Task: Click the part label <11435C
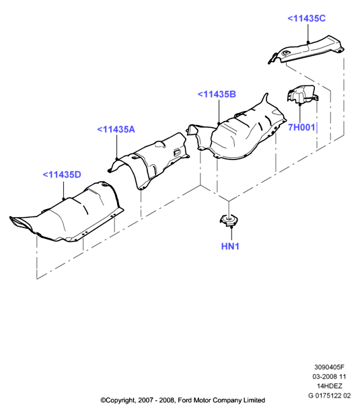click(x=306, y=18)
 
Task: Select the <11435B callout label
click(x=217, y=94)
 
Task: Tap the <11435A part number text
click(x=116, y=129)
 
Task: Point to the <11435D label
click(x=62, y=175)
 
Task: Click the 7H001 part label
click(x=301, y=127)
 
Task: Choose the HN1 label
click(x=230, y=246)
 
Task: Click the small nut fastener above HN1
click(x=228, y=220)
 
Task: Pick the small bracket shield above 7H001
click(x=303, y=93)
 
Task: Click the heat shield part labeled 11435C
click(x=306, y=50)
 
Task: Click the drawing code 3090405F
click(x=329, y=367)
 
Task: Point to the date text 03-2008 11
click(x=329, y=377)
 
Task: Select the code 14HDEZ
click(x=329, y=386)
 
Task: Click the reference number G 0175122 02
click(x=329, y=396)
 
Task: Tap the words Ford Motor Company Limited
click(x=221, y=400)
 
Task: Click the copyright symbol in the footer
click(x=103, y=400)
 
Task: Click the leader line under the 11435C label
click(x=308, y=33)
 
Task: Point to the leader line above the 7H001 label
click(x=299, y=114)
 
